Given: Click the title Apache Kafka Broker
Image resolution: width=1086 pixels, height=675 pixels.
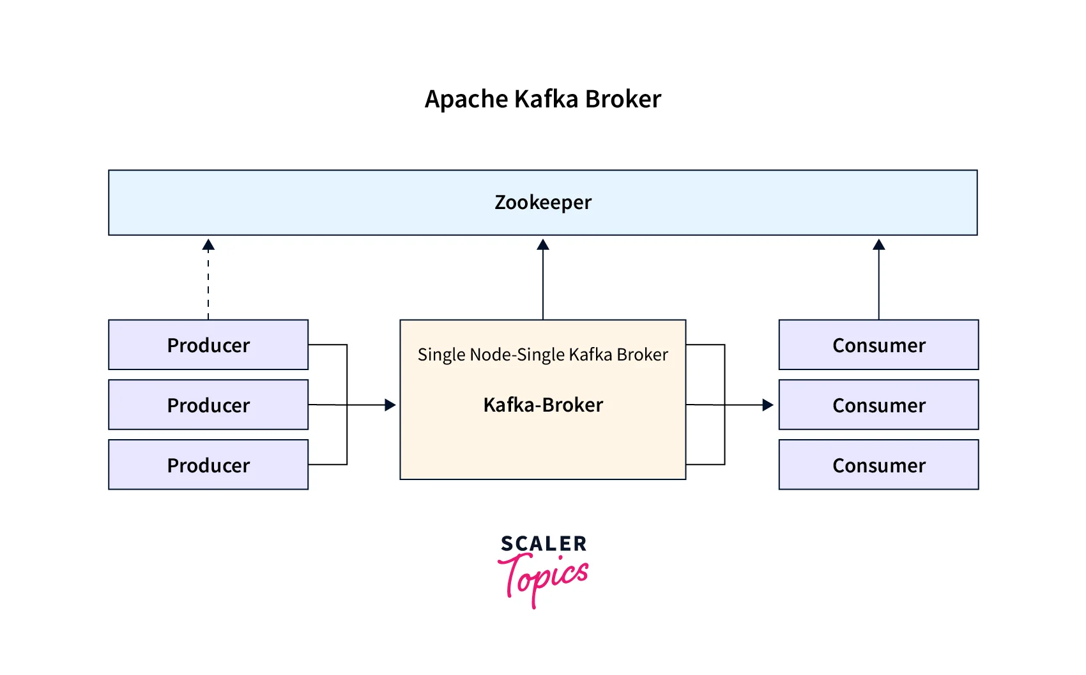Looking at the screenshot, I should (543, 99).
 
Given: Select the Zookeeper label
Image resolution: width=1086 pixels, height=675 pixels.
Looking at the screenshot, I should (543, 202).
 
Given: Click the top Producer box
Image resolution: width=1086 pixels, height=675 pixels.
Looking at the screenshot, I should (208, 345).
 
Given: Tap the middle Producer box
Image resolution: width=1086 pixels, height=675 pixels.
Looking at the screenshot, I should (208, 405).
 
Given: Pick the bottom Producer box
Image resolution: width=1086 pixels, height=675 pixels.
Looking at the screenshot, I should (208, 465).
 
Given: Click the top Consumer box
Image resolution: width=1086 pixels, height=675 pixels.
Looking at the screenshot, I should (878, 345).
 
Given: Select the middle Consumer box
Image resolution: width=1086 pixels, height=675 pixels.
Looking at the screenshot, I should (878, 405).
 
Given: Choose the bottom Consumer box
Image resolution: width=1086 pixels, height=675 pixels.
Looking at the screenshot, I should (878, 465).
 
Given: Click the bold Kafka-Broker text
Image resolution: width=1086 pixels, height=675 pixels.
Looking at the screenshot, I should (543, 405).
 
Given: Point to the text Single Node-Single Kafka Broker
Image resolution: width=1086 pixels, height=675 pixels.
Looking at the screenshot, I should (543, 355).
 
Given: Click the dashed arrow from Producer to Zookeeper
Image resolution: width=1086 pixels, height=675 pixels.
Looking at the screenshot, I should (208, 281).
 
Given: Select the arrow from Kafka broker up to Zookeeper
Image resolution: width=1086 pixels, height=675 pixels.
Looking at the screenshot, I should (543, 281).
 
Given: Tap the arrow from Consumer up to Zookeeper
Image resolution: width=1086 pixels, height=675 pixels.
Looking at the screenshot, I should (879, 281).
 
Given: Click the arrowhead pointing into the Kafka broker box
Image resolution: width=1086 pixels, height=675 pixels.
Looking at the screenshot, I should (390, 405).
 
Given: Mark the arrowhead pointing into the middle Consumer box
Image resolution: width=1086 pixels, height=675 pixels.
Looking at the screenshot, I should (768, 405).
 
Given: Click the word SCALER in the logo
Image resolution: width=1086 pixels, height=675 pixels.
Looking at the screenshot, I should (544, 544).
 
